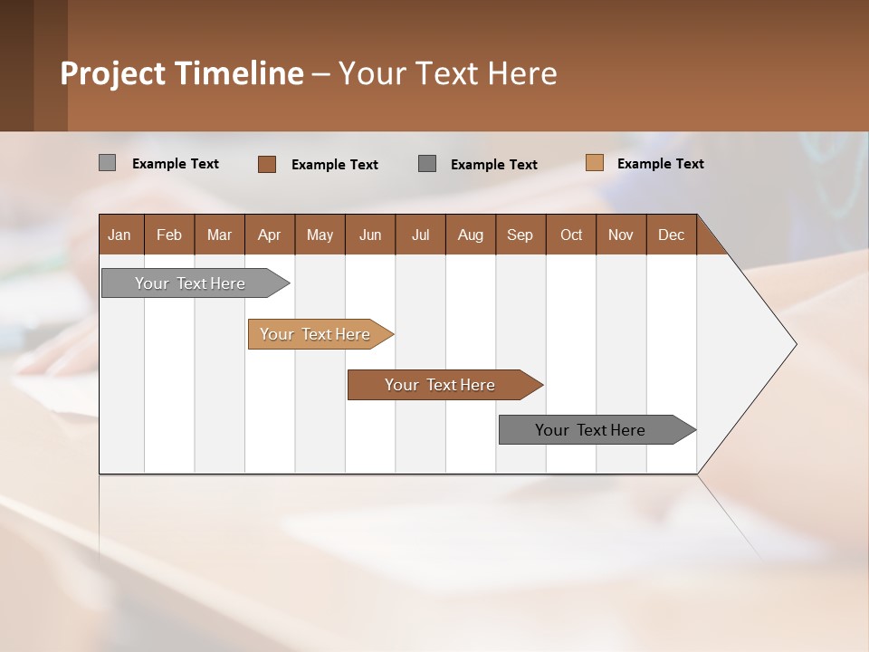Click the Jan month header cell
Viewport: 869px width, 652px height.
120,235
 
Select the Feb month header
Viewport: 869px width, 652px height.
169,235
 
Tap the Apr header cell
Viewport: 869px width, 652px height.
270,235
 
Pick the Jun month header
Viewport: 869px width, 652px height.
370,235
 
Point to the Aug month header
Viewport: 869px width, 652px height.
471,235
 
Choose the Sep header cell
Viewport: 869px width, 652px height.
520,235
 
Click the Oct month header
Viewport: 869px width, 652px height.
571,235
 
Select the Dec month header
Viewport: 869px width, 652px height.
672,235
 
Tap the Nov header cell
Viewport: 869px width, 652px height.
621,235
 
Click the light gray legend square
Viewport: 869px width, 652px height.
107,163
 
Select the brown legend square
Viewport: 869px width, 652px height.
266,164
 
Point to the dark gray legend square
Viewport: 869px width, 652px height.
427,163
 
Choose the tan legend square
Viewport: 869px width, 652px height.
594,163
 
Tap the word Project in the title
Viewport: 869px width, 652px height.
113,73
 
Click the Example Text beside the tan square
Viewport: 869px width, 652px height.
660,164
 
